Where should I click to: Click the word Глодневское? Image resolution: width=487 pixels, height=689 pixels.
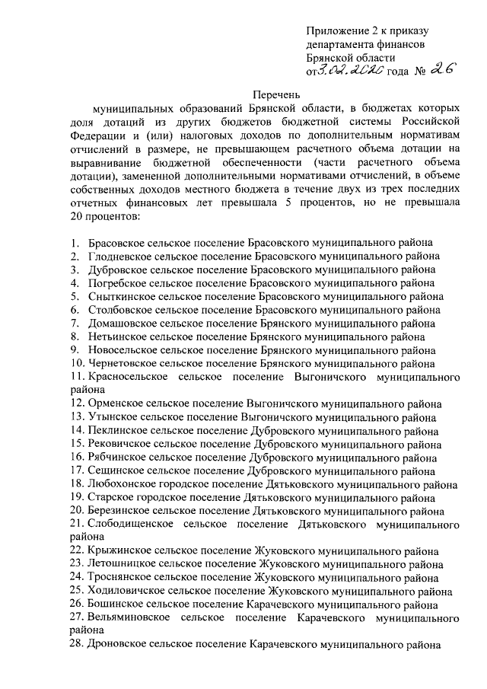click(118, 256)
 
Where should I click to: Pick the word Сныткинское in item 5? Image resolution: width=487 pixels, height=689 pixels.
click(118, 296)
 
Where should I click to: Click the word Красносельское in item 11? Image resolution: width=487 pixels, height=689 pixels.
click(126, 378)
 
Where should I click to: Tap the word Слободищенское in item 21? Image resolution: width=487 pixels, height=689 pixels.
click(128, 525)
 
